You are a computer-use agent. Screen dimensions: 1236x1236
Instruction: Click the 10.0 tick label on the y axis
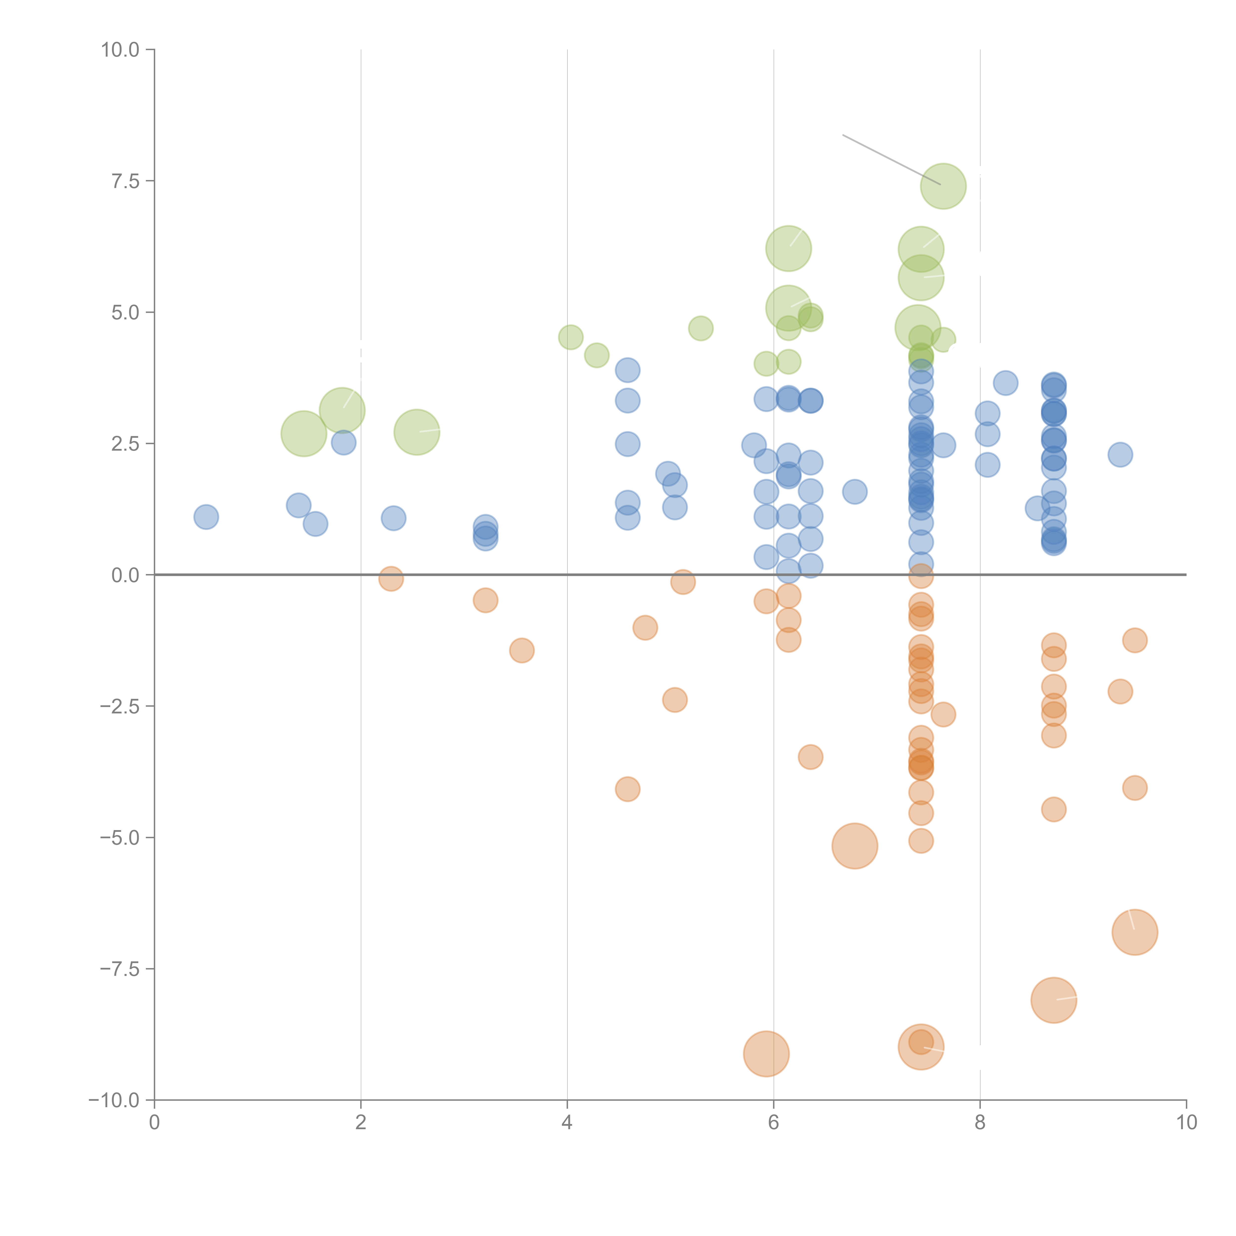(x=120, y=50)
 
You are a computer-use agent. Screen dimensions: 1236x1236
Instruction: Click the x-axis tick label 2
(x=361, y=1123)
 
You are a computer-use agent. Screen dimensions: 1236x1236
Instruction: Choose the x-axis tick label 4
(x=567, y=1123)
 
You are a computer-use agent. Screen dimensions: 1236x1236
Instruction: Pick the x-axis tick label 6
(x=773, y=1123)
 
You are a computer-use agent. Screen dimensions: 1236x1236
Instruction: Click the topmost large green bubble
(x=943, y=186)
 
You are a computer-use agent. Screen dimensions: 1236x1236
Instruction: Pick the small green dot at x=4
(x=571, y=337)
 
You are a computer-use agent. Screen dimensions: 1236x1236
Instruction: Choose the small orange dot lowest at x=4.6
(x=628, y=790)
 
